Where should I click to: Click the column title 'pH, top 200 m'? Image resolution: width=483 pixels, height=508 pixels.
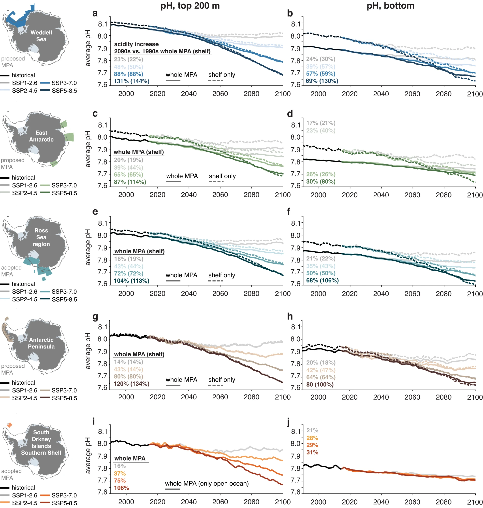[x=190, y=6]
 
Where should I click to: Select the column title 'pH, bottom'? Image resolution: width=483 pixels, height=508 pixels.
[x=390, y=6]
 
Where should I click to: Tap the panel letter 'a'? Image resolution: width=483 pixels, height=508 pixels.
[x=95, y=13]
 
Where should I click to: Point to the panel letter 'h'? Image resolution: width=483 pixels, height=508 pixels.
[x=290, y=317]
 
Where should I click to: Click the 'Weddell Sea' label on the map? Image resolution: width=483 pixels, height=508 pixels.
[x=41, y=36]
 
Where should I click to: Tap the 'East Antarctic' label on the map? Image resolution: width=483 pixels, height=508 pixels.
[x=41, y=136]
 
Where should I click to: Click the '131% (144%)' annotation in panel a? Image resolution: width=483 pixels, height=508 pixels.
[x=132, y=81]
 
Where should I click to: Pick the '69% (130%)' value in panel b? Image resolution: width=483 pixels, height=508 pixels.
[x=322, y=81]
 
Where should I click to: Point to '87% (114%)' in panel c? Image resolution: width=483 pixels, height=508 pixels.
[x=130, y=182]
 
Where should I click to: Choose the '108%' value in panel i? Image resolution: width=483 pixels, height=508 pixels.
[x=121, y=488]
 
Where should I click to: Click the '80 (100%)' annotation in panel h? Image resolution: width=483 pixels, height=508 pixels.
[x=320, y=384]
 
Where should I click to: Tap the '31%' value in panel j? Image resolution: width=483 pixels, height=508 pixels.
[x=312, y=452]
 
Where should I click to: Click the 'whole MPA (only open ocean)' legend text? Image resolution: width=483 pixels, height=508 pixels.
[x=207, y=483]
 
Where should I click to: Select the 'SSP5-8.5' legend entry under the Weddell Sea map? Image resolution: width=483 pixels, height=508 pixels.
[x=64, y=91]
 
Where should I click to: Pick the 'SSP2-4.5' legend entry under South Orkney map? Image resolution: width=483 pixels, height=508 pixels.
[x=25, y=503]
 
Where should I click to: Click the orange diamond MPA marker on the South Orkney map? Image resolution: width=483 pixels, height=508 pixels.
[x=10, y=425]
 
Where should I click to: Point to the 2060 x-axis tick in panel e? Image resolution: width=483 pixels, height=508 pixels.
[x=220, y=293]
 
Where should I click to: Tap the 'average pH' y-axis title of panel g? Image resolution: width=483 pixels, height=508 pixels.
[x=88, y=351]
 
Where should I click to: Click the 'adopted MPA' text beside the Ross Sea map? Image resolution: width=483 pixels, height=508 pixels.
[x=11, y=271]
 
